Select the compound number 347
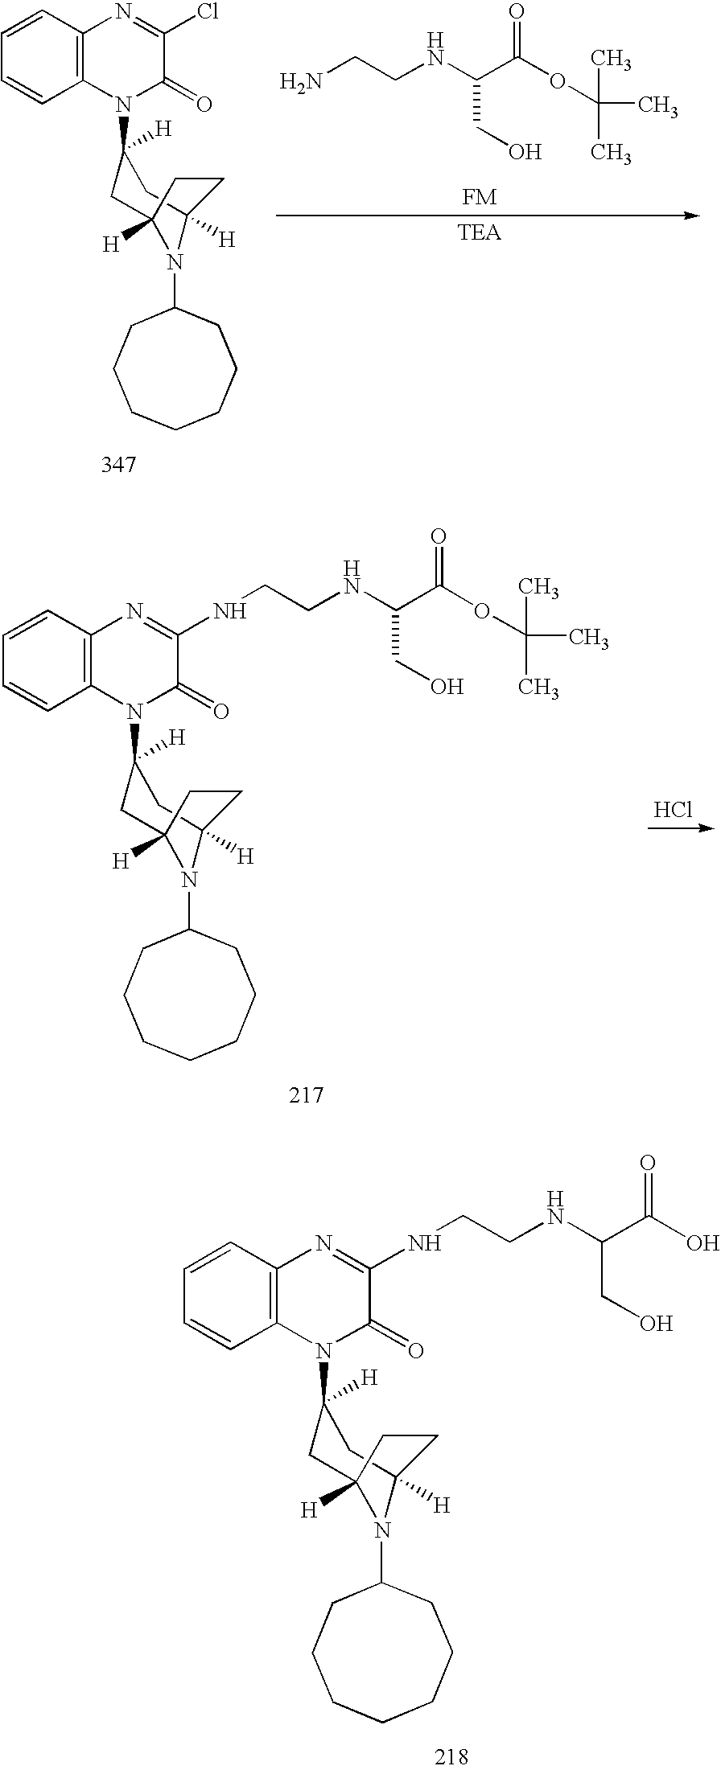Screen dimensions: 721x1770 click(x=118, y=464)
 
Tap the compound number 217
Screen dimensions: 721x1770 click(x=306, y=1094)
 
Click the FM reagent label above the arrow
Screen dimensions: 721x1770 click(x=480, y=198)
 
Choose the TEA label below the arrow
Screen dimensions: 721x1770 click(x=480, y=234)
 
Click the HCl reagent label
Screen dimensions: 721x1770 click(x=673, y=810)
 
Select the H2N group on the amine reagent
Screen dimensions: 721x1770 click(x=302, y=81)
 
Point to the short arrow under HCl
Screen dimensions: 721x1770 click(x=681, y=828)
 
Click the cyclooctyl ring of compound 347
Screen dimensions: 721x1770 click(x=175, y=371)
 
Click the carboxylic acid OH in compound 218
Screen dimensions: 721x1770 click(x=699, y=1244)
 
